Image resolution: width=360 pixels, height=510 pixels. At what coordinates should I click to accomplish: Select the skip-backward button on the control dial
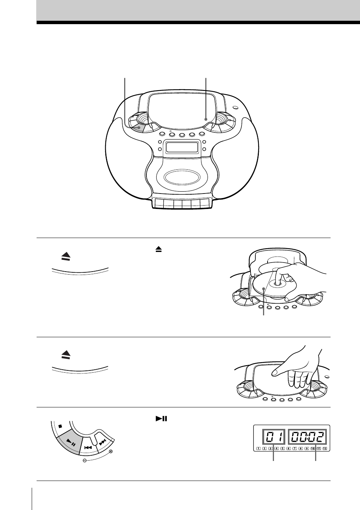88,447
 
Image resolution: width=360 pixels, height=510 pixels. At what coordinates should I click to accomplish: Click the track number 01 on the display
273,438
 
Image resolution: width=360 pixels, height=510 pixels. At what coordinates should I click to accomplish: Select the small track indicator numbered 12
325,449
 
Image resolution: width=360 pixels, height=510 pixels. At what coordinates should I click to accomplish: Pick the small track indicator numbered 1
258,449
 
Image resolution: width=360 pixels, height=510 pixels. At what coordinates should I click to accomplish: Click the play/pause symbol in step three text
161,418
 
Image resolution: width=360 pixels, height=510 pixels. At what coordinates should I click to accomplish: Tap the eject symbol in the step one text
158,249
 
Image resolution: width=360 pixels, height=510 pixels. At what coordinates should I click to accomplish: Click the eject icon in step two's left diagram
66,355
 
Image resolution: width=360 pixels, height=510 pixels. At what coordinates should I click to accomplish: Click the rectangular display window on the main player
183,147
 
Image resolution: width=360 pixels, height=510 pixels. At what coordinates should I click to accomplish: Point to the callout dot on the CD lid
206,119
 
